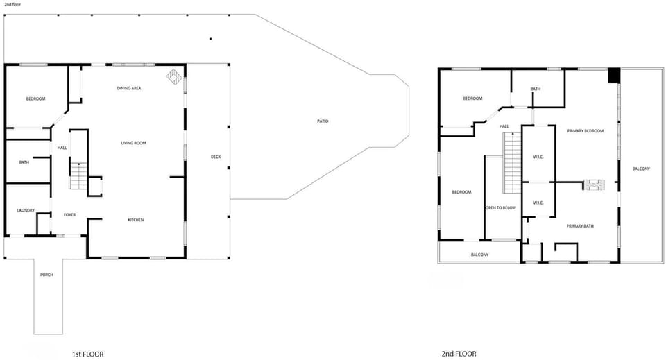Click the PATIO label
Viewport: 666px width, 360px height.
(323, 121)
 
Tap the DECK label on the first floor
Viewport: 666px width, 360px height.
(216, 157)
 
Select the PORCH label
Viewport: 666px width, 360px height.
(46, 275)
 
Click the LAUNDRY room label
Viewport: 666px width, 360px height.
(26, 210)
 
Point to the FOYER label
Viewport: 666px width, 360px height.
(69, 215)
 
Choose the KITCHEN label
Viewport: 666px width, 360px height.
(135, 220)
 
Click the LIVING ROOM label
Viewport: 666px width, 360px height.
(133, 143)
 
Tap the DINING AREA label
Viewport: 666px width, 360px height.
(129, 88)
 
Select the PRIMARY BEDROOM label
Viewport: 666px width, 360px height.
(585, 131)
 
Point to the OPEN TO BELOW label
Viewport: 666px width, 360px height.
(500, 207)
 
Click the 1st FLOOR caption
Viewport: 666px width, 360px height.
(87, 354)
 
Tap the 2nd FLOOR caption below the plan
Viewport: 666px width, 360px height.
(459, 354)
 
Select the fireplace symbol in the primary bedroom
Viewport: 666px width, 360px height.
(594, 185)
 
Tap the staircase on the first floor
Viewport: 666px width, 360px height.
(78, 174)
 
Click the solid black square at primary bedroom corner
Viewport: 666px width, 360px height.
(613, 76)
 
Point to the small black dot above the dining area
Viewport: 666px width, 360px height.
(211, 39)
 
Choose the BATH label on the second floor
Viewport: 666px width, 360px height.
(535, 89)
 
